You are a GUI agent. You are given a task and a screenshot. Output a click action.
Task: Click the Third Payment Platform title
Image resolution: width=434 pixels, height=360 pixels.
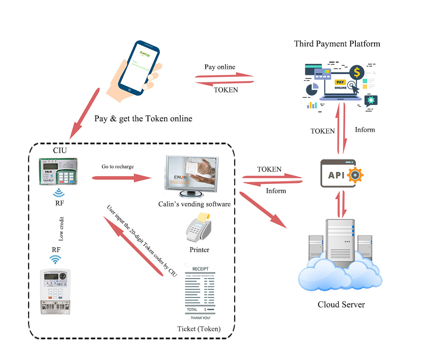click(x=337, y=44)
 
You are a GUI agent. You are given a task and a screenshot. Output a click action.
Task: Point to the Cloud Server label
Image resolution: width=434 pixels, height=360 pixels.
click(x=341, y=304)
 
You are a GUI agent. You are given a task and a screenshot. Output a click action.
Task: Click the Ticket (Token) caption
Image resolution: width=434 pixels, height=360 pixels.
click(x=199, y=329)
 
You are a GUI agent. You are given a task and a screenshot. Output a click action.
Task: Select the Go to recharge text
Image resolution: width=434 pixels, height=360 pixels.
click(x=118, y=167)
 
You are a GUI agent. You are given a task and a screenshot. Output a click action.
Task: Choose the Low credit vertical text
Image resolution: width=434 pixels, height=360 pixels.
click(x=61, y=229)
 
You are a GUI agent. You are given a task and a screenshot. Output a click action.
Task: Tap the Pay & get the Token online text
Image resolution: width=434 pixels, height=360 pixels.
click(x=143, y=118)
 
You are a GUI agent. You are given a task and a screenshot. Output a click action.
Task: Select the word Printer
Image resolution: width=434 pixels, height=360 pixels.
click(x=199, y=250)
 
